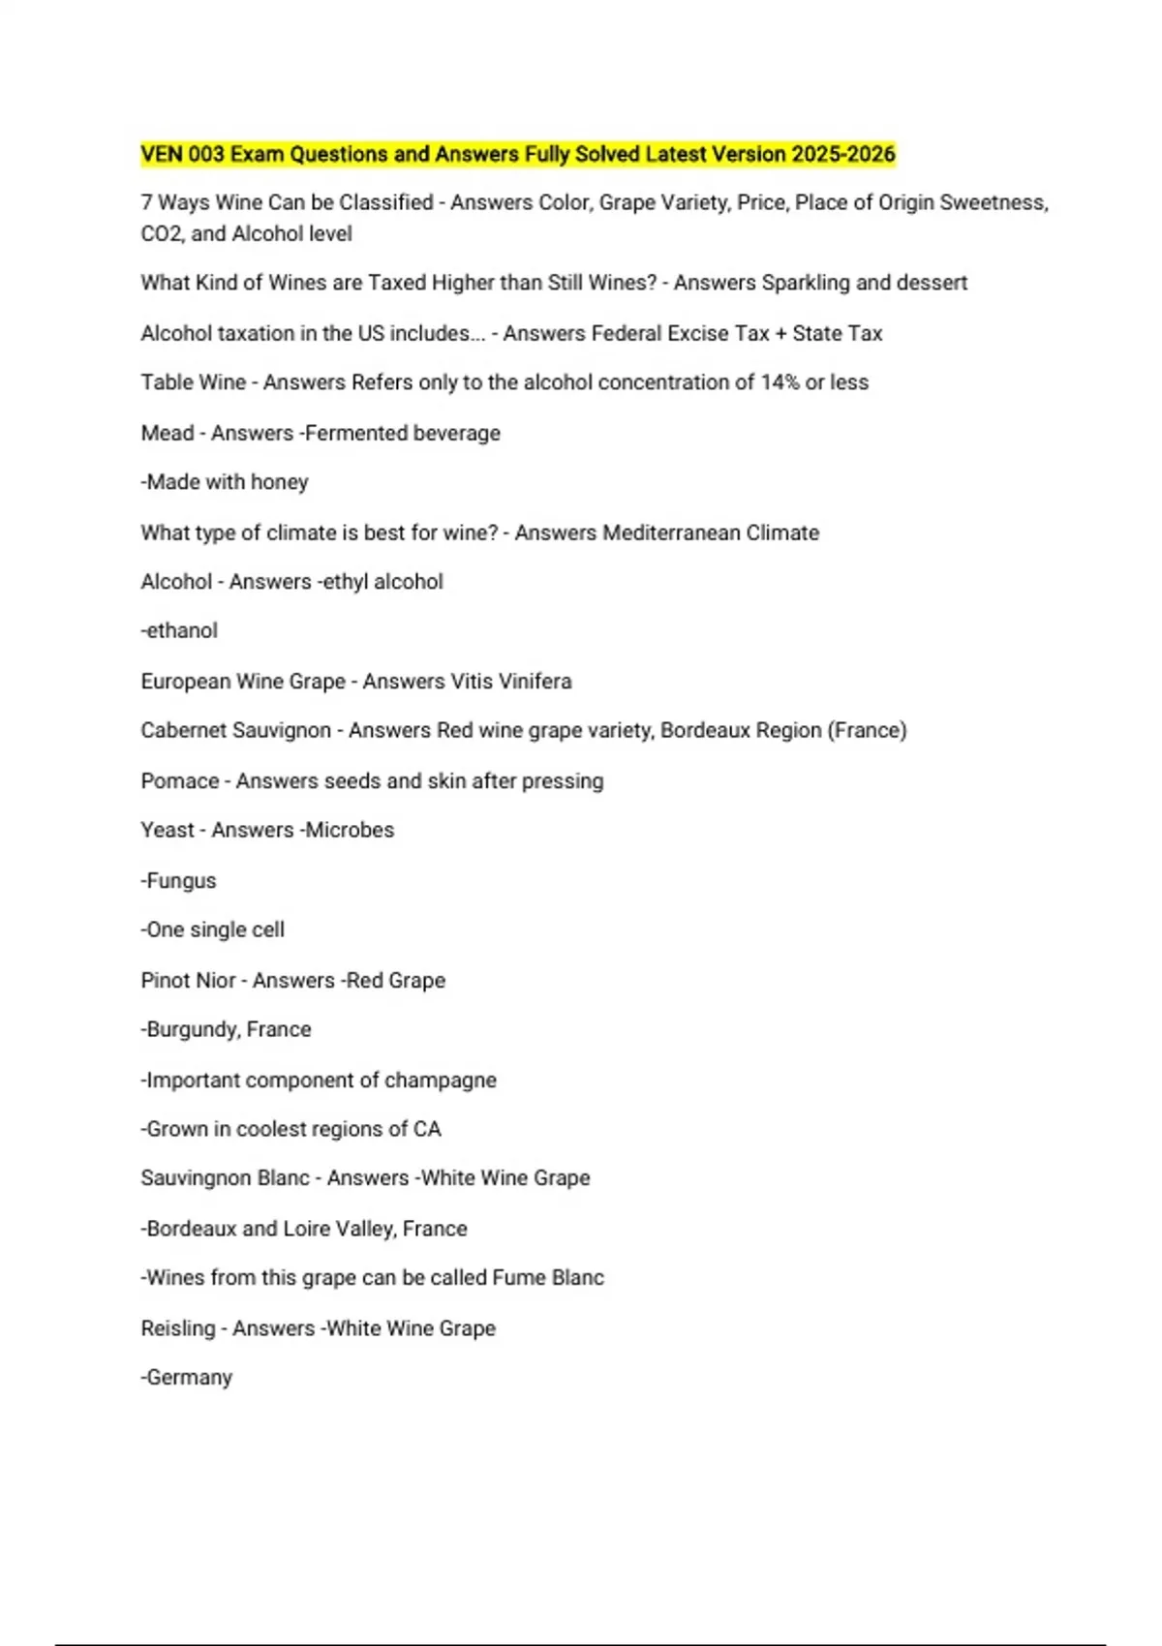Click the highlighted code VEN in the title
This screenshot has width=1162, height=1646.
click(x=162, y=154)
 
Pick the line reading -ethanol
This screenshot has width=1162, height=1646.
click(x=179, y=630)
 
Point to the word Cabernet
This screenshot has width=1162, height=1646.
click(x=179, y=730)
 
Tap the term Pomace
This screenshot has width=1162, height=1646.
click(x=179, y=780)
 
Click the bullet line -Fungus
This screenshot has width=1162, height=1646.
click(x=179, y=881)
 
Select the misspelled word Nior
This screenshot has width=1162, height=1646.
click(x=215, y=980)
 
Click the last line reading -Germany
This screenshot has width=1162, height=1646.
click(x=187, y=1377)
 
